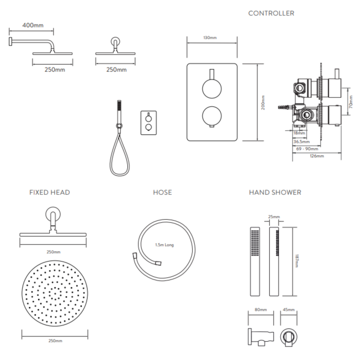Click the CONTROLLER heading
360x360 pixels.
(x=271, y=13)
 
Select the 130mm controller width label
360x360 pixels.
(x=210, y=37)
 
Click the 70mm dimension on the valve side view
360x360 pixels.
(x=350, y=101)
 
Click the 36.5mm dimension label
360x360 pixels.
(x=301, y=142)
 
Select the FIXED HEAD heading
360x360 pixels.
(x=49, y=192)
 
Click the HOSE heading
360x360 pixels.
(x=162, y=192)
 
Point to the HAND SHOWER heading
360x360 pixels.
(x=275, y=192)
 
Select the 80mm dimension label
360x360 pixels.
(x=261, y=310)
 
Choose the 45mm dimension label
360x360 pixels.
(x=288, y=310)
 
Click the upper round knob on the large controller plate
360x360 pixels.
(x=210, y=88)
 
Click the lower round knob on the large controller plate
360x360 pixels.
(x=210, y=116)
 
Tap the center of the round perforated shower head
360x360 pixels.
(x=54, y=294)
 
